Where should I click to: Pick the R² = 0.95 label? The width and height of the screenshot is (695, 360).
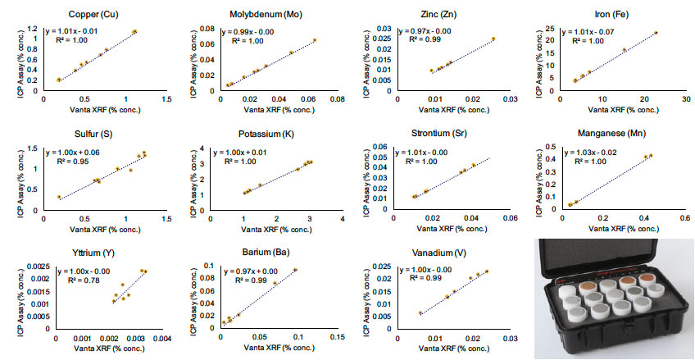[x=82, y=162]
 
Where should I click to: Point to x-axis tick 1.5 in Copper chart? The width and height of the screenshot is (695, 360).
[x=166, y=99]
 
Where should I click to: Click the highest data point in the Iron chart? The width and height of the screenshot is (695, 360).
[x=656, y=33]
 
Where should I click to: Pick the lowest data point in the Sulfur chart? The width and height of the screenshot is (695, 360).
[x=59, y=197]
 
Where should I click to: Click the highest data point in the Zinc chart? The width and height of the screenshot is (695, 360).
[x=494, y=39]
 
